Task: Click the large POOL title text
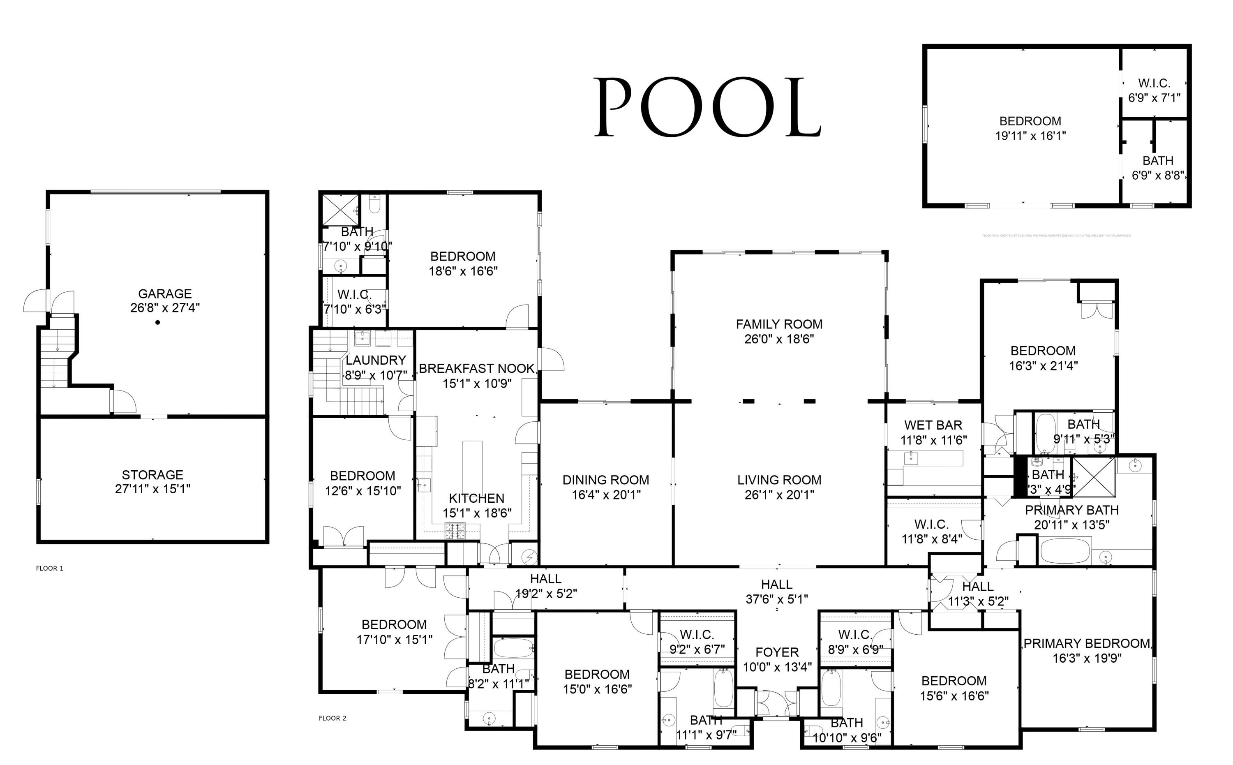pos(707,107)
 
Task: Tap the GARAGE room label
pos(165,294)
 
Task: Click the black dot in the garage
pos(158,322)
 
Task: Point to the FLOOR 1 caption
pos(50,568)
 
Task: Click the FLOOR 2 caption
pos(332,718)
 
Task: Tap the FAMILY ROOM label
pos(779,324)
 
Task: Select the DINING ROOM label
pos(605,480)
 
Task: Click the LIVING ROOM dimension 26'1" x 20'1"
pos(779,495)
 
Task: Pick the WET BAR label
pos(933,425)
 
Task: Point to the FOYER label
pos(777,652)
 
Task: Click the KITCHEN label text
pos(476,498)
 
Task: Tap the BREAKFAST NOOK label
pos(476,368)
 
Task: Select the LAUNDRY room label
pos(375,360)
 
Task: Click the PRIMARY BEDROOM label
pos(1087,643)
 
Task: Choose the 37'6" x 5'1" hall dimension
pos(777,599)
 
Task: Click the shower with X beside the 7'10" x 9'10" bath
pos(340,209)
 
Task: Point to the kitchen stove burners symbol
pos(455,530)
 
